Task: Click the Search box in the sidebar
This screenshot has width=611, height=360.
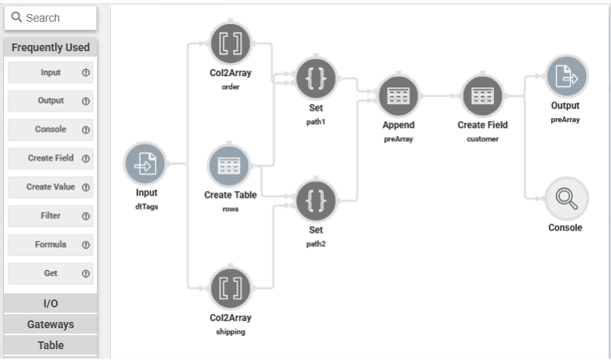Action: coord(50,18)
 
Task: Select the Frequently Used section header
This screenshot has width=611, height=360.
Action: coord(50,47)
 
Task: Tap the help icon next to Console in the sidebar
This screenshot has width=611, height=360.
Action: coord(86,130)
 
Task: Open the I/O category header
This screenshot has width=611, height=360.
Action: coord(50,303)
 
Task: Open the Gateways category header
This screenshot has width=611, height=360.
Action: coord(50,324)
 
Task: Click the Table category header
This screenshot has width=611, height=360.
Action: coord(50,345)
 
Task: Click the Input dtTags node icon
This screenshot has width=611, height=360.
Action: coord(146,164)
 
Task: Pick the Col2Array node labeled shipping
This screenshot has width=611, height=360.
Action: coord(230,288)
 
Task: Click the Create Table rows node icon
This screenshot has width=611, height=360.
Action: coord(230,165)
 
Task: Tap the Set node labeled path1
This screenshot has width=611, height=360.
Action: coord(316,78)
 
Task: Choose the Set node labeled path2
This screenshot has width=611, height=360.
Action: coord(316,201)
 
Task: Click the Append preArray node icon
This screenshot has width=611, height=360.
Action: coord(398,95)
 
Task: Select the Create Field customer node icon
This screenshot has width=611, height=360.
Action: coord(482,95)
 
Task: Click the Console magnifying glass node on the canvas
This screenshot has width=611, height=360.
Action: coord(566,199)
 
